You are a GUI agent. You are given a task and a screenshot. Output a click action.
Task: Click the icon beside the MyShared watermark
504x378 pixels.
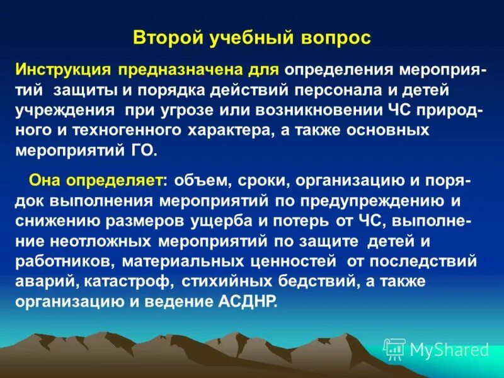pos(394,349)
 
